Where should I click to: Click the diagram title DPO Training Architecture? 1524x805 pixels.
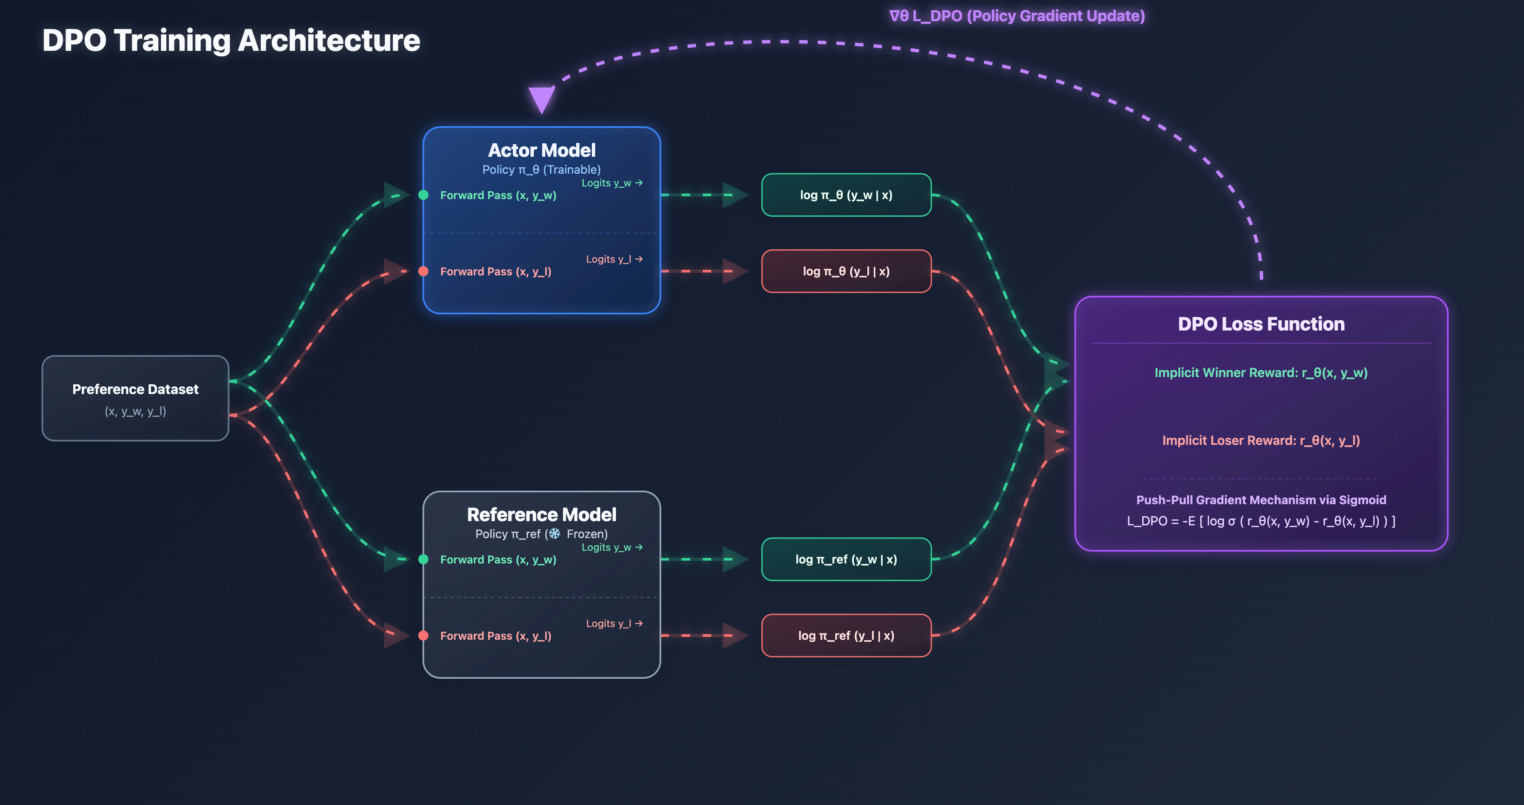(231, 40)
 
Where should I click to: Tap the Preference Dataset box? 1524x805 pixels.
(135, 398)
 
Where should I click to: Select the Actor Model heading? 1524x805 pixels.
(541, 150)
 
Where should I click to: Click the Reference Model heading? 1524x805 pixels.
(541, 514)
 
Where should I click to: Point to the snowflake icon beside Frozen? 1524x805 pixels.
(554, 534)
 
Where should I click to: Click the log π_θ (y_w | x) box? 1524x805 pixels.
(846, 195)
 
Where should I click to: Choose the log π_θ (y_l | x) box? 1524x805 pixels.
(846, 271)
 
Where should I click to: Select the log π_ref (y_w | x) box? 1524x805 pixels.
(846, 559)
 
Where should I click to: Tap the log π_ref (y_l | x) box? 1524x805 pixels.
(846, 636)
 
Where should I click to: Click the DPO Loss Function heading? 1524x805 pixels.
(1261, 324)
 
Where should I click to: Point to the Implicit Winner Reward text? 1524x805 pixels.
(1261, 372)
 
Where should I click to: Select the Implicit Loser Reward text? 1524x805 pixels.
(1261, 440)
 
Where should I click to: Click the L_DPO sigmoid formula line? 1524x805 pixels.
(1261, 521)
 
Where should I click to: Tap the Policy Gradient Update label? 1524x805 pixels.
(1017, 16)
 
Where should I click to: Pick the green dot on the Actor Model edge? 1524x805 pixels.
(424, 195)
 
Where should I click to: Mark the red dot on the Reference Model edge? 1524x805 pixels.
(424, 636)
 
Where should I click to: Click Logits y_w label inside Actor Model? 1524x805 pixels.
(612, 183)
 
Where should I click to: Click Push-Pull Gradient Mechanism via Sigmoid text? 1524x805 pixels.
(1261, 500)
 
